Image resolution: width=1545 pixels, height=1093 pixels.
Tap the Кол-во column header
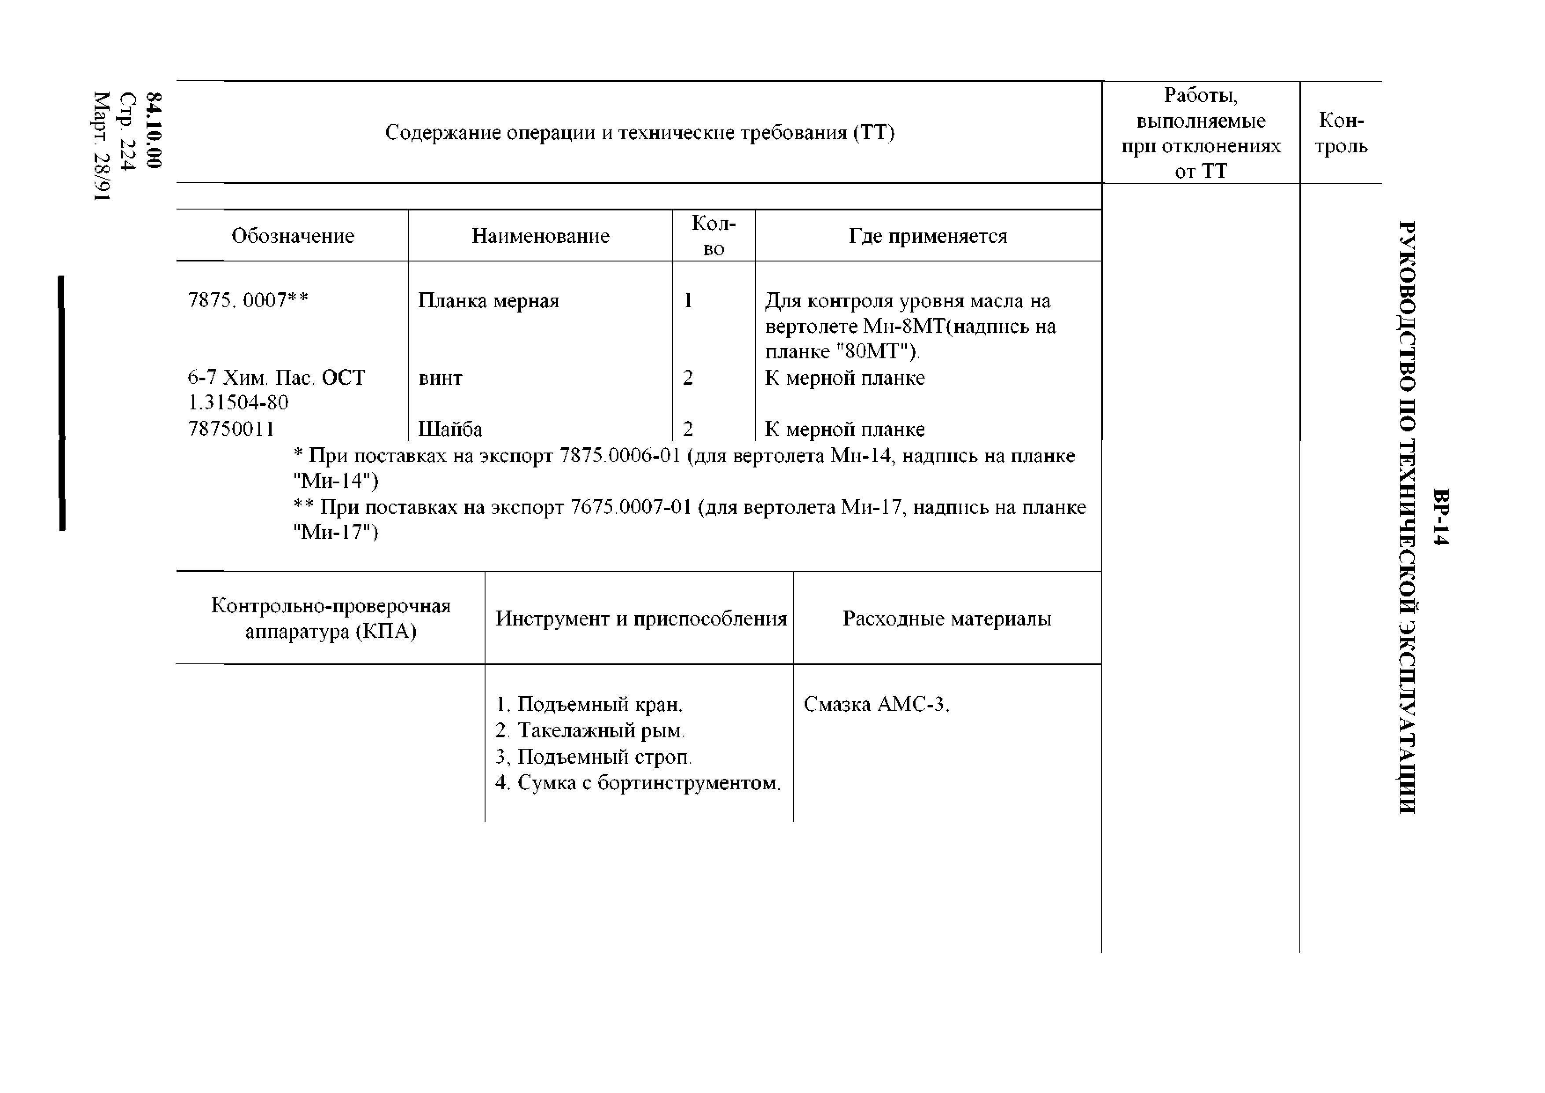pyautogui.click(x=713, y=236)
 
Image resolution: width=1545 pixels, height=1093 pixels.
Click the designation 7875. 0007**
pyautogui.click(x=248, y=300)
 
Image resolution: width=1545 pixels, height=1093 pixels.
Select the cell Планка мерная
pyautogui.click(x=489, y=300)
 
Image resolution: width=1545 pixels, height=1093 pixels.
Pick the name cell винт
pyautogui.click(x=440, y=378)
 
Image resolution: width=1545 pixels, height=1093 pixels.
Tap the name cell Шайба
pyautogui.click(x=450, y=429)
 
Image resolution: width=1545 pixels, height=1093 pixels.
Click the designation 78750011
pyautogui.click(x=231, y=429)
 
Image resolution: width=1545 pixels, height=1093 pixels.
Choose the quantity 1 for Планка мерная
pyautogui.click(x=688, y=300)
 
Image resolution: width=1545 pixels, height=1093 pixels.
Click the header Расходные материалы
pyautogui.click(x=947, y=618)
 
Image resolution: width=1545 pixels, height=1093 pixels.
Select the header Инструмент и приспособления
pyautogui.click(x=640, y=618)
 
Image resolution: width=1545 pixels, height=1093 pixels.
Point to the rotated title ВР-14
pyautogui.click(x=1440, y=516)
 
